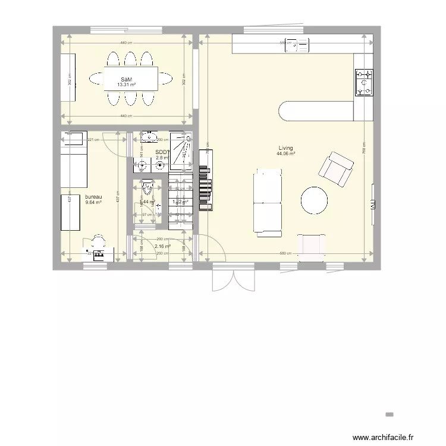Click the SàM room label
pos(126,79)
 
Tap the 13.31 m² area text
pos(126,85)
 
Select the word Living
pos(285,148)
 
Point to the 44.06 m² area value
pos(285,154)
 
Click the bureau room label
pos(93,197)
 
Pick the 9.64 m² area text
pos(93,203)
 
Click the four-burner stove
pos(364,82)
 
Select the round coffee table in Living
pos(313,200)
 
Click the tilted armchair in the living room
pos(335,168)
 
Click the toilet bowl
pos(147,190)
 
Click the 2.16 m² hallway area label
pos(162,246)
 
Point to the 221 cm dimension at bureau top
pos(93,140)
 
